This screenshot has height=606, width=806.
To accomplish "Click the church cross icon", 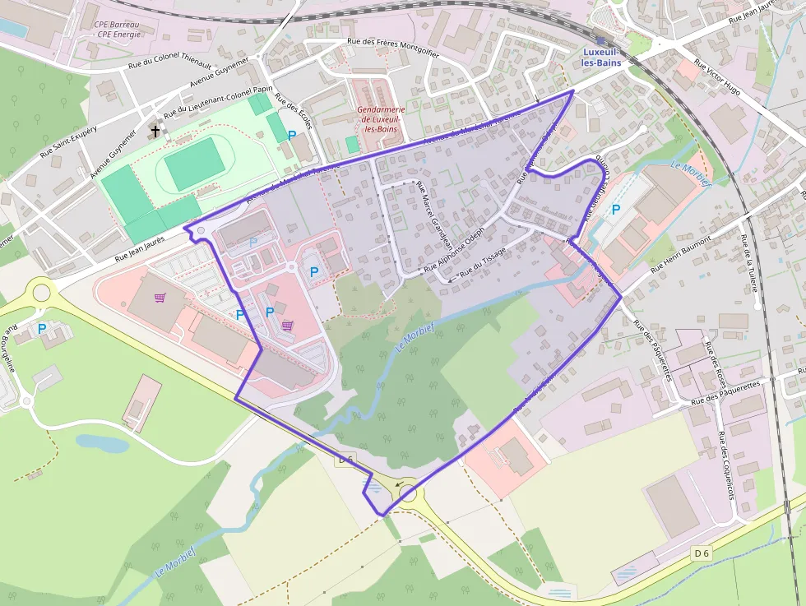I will click(155, 131).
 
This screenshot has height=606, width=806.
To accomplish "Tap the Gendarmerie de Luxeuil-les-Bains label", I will click(381, 119).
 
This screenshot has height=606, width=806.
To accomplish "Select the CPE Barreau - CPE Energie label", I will click(117, 30).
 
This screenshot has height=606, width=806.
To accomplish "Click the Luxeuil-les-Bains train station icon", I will click(601, 40).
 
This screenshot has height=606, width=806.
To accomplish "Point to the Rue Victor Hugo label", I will click(717, 77).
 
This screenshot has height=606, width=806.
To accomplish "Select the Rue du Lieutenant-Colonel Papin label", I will click(218, 101).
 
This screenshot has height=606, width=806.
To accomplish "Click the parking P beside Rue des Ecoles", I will click(292, 135).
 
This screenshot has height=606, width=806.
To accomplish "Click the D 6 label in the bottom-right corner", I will click(701, 553).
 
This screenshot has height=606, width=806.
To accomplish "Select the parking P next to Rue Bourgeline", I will click(42, 329).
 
